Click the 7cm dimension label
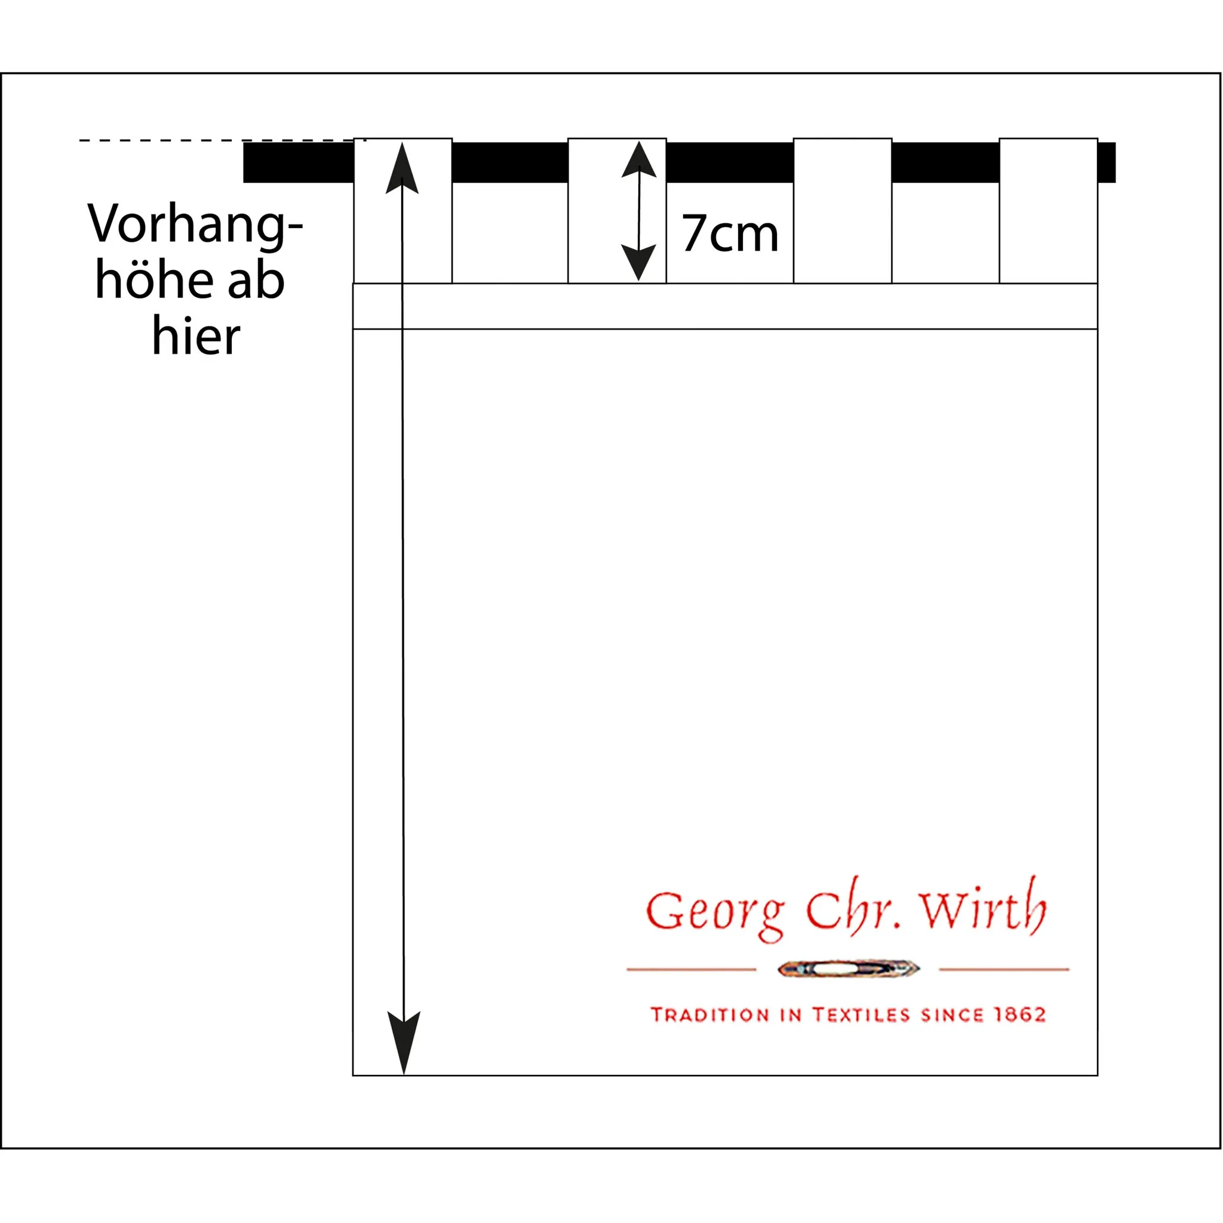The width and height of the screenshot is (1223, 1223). tap(729, 233)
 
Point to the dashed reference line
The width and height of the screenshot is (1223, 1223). tap(215, 140)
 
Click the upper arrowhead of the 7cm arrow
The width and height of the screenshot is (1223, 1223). tap(639, 159)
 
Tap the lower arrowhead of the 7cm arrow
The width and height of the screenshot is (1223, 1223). tap(638, 262)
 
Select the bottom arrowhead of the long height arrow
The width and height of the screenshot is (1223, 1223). tap(403, 1041)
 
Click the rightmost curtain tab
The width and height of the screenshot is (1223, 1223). tap(1048, 210)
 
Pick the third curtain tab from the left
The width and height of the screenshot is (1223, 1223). tap(843, 210)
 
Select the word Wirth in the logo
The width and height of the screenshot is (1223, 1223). tap(982, 907)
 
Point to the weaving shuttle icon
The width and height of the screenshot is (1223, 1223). tap(848, 969)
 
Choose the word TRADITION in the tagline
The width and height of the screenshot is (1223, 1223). tap(709, 1015)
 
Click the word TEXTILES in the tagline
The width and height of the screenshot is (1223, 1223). tap(861, 1015)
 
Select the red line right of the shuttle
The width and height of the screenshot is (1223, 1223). tap(1004, 969)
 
